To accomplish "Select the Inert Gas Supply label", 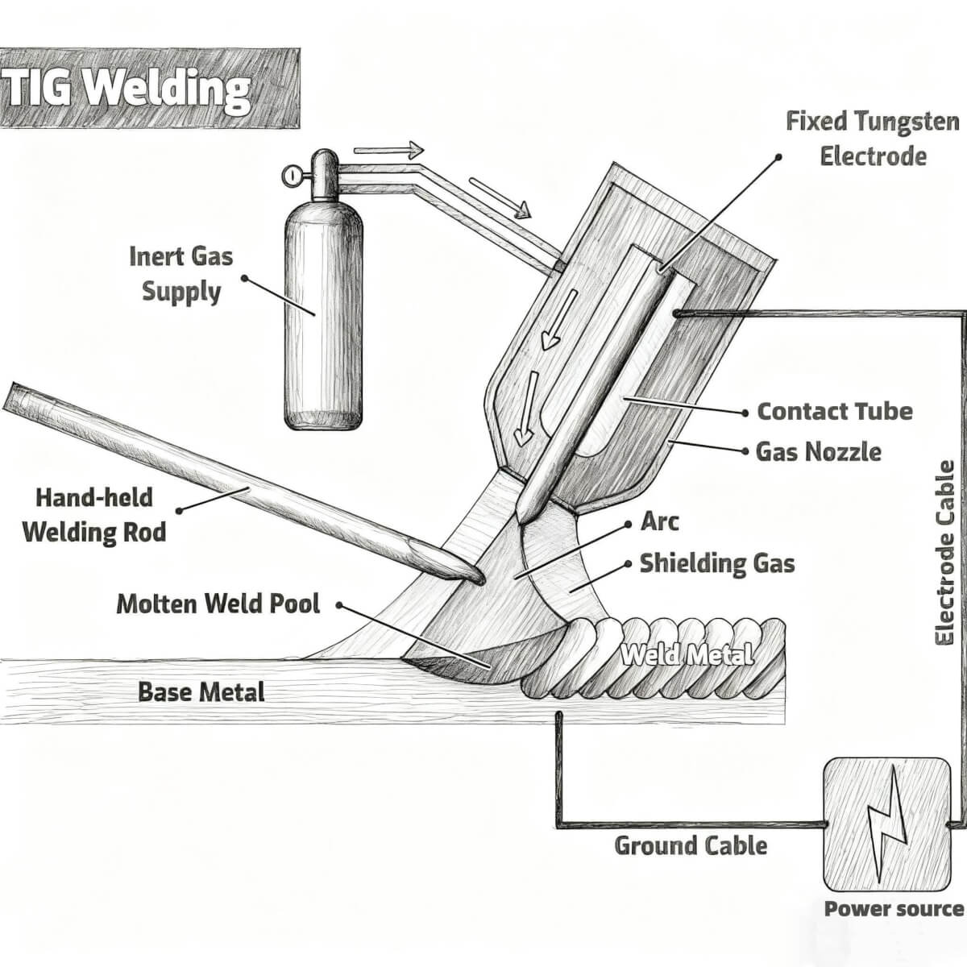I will (x=181, y=274).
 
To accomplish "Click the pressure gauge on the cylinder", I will (x=292, y=174).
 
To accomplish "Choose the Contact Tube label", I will (x=835, y=411).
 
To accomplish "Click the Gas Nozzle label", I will (x=819, y=451).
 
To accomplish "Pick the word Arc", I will (x=659, y=521).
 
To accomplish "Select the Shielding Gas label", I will (x=717, y=563).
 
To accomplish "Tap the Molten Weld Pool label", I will (x=218, y=604).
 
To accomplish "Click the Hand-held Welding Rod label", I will (x=94, y=514).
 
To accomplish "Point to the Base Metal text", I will (x=201, y=691).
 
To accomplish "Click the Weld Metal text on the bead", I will (x=687, y=654).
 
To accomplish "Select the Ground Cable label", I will (x=691, y=845).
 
